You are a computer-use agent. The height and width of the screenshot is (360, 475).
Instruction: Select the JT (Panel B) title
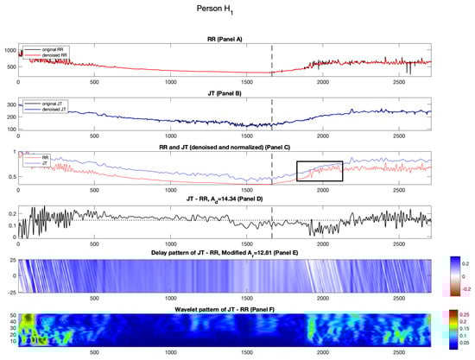pyautogui.click(x=225, y=93)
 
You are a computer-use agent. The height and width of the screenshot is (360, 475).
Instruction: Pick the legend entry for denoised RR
pyautogui.click(x=55, y=54)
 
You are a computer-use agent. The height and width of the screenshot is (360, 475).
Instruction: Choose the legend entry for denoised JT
pyautogui.click(x=54, y=110)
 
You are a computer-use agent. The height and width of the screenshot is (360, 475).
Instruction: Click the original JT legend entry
pyautogui.click(x=54, y=104)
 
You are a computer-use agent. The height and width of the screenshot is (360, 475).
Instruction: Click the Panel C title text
pyautogui.click(x=225, y=148)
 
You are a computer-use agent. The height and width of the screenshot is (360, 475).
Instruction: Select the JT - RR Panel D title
pyautogui.click(x=225, y=199)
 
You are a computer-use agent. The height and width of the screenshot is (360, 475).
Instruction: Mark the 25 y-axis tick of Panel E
pyautogui.click(x=11, y=259)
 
